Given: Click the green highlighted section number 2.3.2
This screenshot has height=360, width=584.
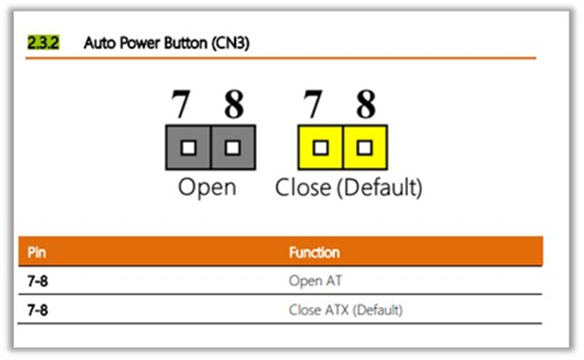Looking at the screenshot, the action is coord(43,43).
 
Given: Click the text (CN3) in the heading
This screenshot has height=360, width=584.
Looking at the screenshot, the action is coord(230,43).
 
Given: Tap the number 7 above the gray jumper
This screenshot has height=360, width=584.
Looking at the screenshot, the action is coord(181,104).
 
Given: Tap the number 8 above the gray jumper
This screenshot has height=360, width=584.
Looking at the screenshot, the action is coord(234,104).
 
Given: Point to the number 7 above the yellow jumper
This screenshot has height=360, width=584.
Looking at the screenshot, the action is coord(313,104).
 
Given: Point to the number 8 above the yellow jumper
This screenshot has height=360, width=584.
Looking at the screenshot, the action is coord(366,104).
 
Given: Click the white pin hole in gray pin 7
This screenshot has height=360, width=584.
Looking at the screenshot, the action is coord(189,148).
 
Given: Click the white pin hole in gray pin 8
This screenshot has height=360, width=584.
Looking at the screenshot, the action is coord(233,148).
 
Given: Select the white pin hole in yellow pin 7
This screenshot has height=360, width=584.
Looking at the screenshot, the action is coord(321,148).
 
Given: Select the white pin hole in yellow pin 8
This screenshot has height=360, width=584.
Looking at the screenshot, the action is coord(365,148).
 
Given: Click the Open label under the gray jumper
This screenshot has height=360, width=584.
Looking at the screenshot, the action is coord(207,188).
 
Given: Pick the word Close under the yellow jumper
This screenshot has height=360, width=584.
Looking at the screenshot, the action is coord(303,187).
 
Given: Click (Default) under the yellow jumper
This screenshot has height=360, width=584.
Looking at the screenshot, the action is coord(379,188).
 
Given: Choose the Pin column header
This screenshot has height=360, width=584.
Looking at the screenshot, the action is coord(37,253).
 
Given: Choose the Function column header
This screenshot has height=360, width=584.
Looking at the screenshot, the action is coord(314,253).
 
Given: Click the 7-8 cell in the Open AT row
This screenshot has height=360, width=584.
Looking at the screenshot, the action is coord(38,281).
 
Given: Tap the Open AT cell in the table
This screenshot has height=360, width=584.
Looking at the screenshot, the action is coord(315,281).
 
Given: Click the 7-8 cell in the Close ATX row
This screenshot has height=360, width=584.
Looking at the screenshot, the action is coord(38,310).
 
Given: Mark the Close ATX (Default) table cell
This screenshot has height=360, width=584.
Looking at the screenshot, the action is coord(346,310).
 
